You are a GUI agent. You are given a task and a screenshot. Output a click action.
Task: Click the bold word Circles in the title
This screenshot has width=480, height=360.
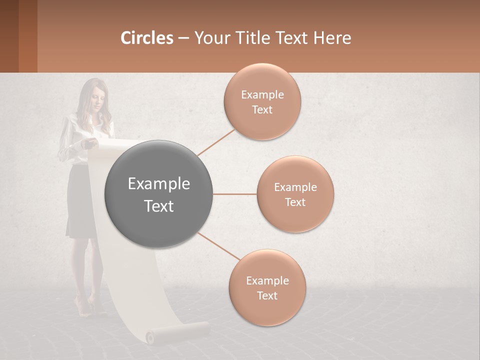coord(147,38)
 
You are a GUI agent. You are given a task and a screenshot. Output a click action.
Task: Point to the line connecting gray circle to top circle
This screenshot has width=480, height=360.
coord(216,142)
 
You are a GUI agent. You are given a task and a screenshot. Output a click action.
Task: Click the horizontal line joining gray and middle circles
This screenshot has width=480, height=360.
coord(235,194)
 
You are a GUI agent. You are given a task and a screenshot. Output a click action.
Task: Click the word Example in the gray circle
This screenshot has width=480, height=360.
coord(159,184)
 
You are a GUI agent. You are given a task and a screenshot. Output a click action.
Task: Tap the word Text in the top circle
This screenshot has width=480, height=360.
coord(262,110)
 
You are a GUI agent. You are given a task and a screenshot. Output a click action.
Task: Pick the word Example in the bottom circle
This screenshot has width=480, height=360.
coord(267,281)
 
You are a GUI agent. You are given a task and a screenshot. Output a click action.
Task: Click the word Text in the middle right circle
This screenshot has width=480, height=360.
coord(295,202)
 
